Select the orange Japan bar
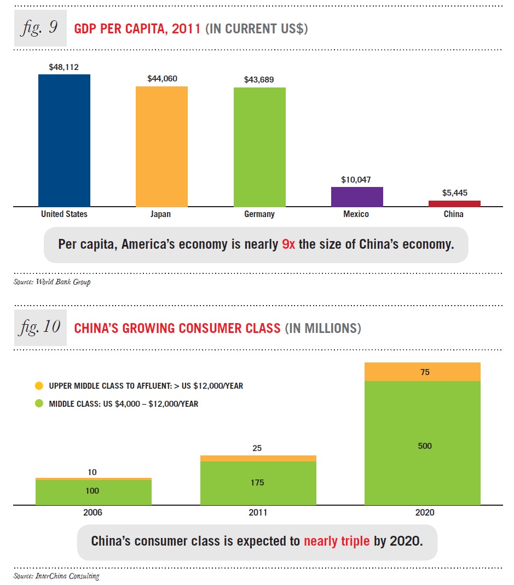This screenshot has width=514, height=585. tap(161, 146)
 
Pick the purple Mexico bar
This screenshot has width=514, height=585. tap(356, 196)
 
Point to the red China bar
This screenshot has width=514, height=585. tap(454, 203)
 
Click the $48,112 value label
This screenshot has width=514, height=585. tap(64, 67)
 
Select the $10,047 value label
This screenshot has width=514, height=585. tap(356, 179)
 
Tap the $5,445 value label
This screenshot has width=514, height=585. tap(454, 193)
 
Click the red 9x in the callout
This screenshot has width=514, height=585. tap(288, 244)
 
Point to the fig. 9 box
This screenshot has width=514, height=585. tap(39, 27)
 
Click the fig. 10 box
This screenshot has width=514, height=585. tap(39, 327)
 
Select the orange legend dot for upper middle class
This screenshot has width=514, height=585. tap(38, 386)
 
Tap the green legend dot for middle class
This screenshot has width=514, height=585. tap(38, 404)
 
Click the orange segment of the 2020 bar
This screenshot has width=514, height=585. tap(422, 372)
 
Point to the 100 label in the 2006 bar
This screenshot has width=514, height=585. tap(93, 491)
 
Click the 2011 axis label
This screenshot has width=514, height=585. tap(258, 513)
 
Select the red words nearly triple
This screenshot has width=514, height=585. tap(337, 542)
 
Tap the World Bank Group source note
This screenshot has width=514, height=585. tap(52, 282)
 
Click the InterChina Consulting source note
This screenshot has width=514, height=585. tap(56, 576)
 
